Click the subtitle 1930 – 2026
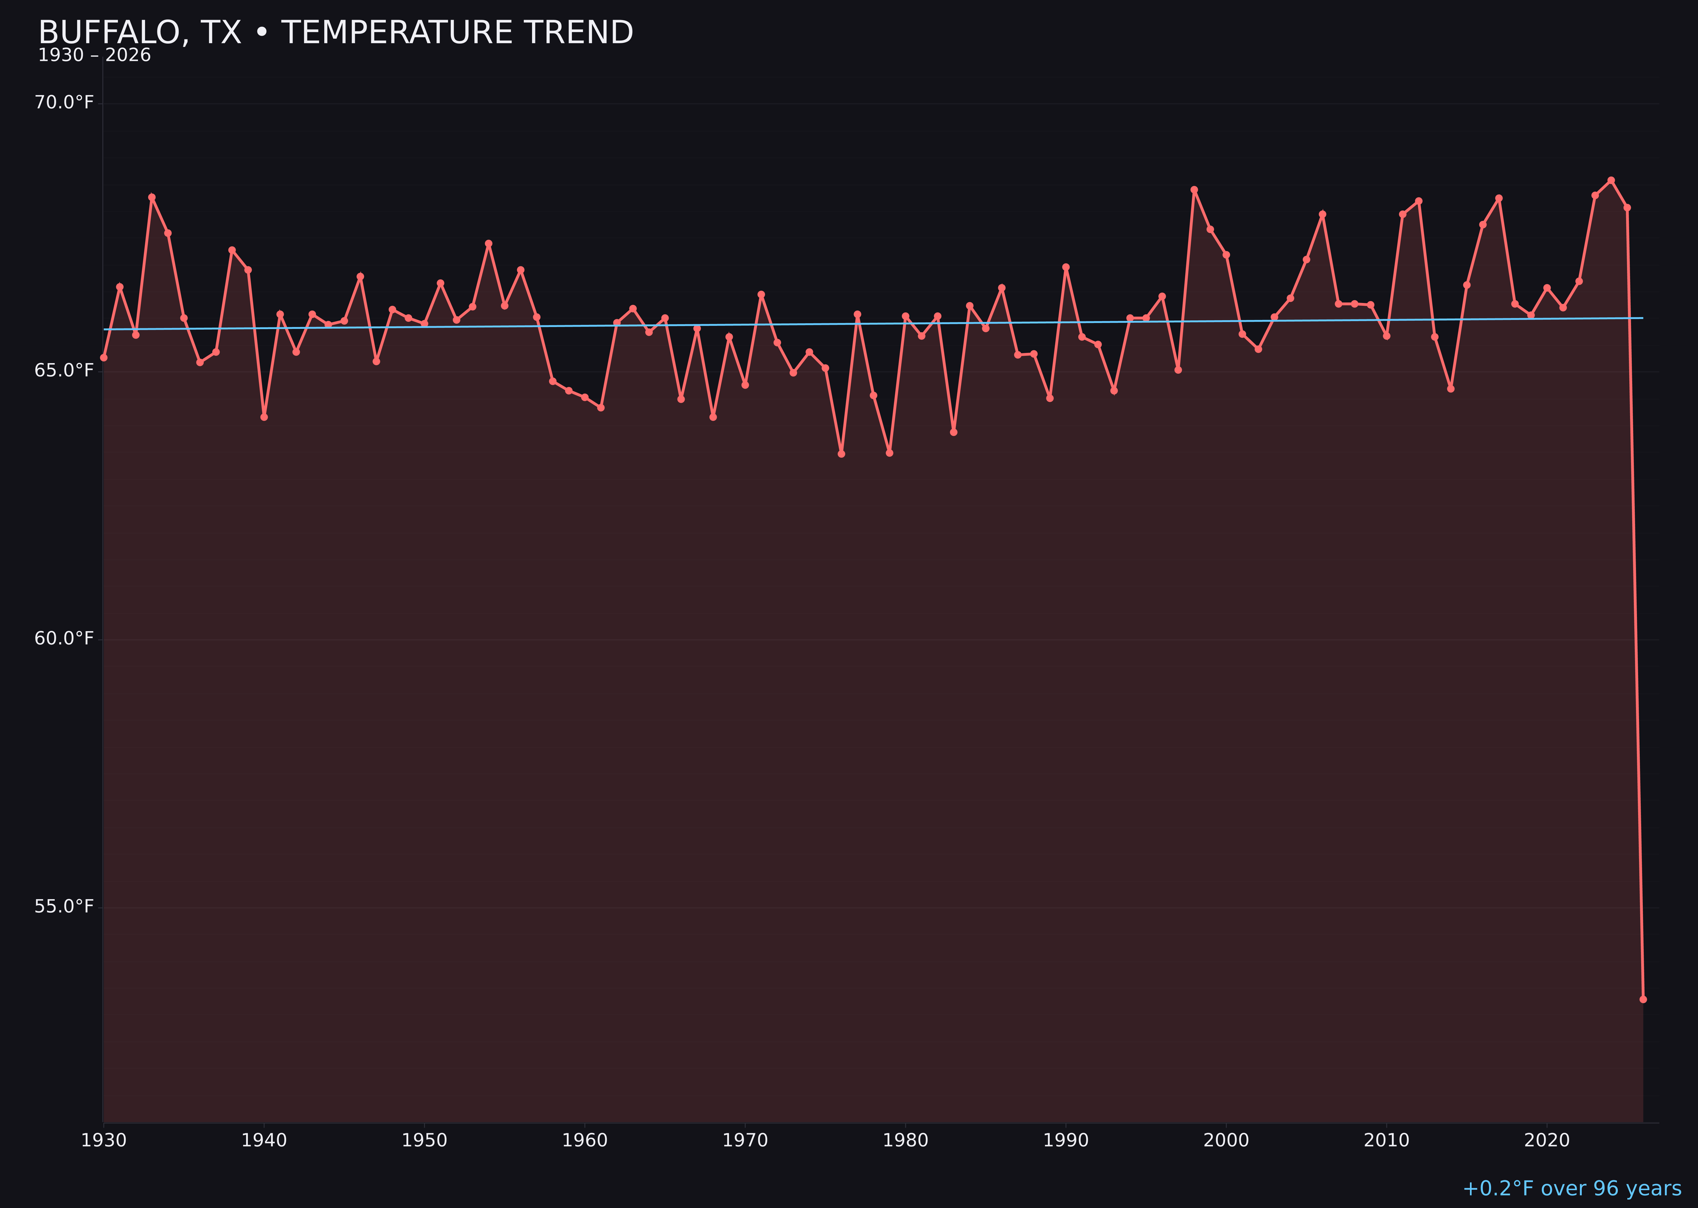click(94, 56)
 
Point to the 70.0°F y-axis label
click(64, 103)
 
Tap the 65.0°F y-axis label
click(64, 370)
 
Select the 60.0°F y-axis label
click(64, 639)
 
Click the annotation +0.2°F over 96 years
click(1571, 1188)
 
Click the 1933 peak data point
click(152, 197)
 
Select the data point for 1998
click(1194, 190)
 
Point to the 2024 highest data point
click(1611, 180)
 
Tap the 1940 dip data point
click(264, 417)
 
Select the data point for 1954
click(489, 243)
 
